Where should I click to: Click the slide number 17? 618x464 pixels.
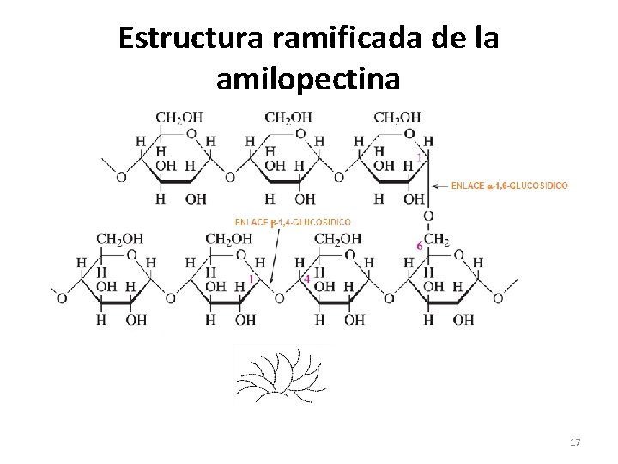575,443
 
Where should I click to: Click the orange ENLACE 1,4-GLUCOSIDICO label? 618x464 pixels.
292,222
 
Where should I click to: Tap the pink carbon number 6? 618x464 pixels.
419,246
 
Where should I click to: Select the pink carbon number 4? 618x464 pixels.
307,279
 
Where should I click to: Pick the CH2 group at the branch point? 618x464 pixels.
437,240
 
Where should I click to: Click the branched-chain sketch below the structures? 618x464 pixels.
280,375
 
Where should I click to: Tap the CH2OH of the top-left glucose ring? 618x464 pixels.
179,118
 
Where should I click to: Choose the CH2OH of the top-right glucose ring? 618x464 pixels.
397,118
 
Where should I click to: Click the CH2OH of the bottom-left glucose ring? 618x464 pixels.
119,239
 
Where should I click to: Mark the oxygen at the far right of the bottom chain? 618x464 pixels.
498,298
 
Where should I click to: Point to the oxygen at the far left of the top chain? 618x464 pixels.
121,178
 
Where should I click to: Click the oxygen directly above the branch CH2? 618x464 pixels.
428,217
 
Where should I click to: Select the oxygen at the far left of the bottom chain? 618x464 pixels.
62,298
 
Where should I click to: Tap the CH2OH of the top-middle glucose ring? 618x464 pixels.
288,118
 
